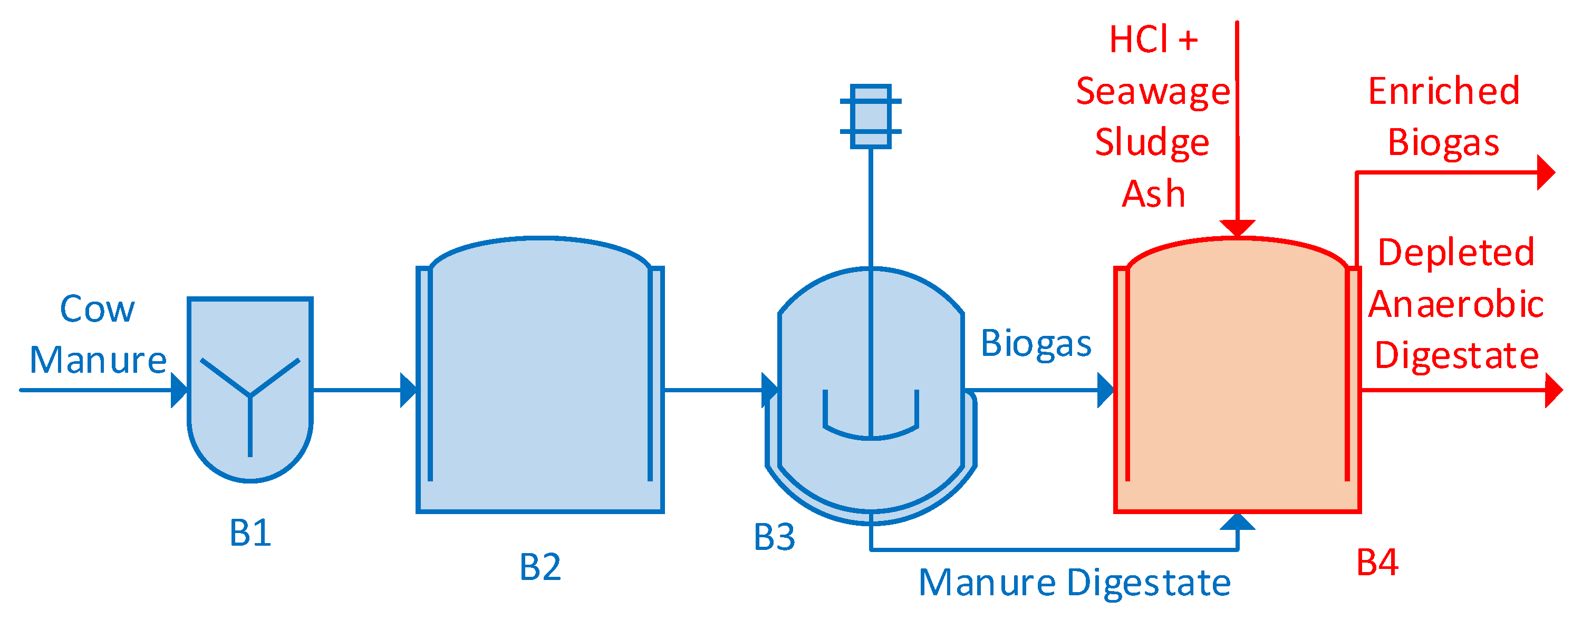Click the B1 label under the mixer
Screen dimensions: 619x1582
pyautogui.click(x=250, y=533)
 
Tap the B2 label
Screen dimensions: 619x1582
pyautogui.click(x=540, y=566)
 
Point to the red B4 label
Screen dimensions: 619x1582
pyautogui.click(x=1377, y=562)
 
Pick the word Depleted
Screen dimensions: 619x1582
pyautogui.click(x=1455, y=253)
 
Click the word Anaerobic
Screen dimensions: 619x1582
pyautogui.click(x=1455, y=304)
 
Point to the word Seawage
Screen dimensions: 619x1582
pyautogui.click(x=1153, y=92)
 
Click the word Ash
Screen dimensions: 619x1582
pyautogui.click(x=1153, y=194)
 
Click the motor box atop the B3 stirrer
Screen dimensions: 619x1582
pyautogui.click(x=870, y=117)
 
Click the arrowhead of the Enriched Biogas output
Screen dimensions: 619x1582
pyautogui.click(x=1546, y=172)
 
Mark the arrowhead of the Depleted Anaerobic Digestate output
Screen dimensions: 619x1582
pyautogui.click(x=1553, y=390)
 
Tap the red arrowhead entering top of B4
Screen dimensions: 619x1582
pyautogui.click(x=1237, y=228)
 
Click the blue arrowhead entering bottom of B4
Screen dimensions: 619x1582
pyautogui.click(x=1237, y=521)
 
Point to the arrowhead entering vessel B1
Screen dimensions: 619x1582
pyautogui.click(x=179, y=390)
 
